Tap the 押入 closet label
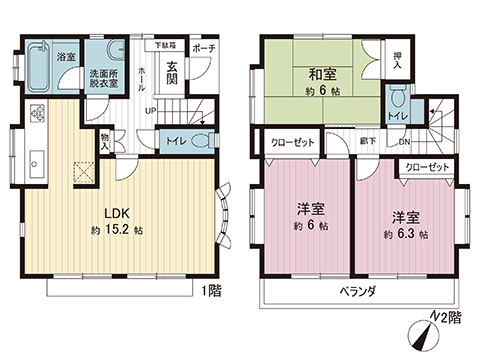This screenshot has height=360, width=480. (397, 60)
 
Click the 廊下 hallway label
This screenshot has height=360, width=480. (369, 141)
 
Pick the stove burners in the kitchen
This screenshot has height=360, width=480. (37, 112)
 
